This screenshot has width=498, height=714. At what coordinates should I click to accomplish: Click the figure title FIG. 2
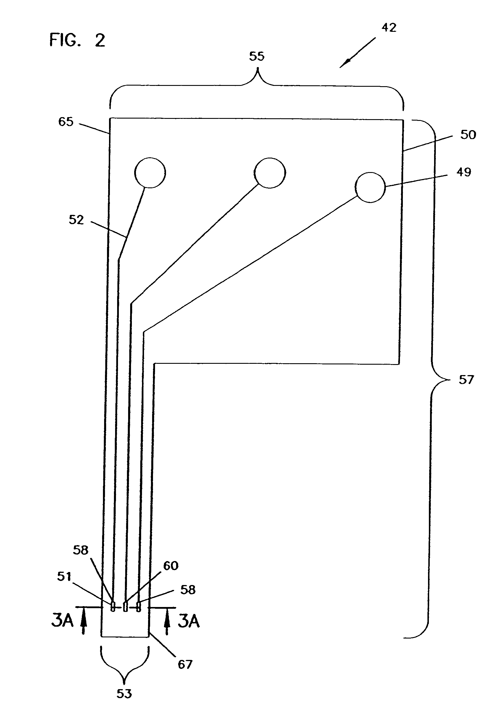click(77, 40)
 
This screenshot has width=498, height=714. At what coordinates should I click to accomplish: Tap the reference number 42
click(389, 28)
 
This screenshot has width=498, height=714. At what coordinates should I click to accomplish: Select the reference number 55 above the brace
click(257, 56)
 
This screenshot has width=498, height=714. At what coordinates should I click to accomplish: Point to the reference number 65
click(66, 121)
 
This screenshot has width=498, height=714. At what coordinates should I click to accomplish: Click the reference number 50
click(468, 135)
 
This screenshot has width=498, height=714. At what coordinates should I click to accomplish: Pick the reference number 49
click(464, 172)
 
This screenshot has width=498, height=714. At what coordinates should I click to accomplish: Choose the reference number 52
click(76, 220)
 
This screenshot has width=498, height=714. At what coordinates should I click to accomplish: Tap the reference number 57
click(466, 380)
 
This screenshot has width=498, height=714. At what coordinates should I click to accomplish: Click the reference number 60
click(171, 566)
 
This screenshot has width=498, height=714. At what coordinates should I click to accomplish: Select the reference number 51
click(64, 577)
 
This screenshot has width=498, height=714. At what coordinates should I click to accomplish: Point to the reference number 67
click(185, 665)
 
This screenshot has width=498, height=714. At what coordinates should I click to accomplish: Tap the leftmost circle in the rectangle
click(150, 173)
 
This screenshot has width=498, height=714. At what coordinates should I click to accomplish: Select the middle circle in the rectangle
click(270, 173)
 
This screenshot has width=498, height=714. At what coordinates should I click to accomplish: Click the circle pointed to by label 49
click(370, 187)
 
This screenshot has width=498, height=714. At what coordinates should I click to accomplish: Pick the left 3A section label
click(62, 620)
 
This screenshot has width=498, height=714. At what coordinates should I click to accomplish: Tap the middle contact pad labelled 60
click(125, 606)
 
